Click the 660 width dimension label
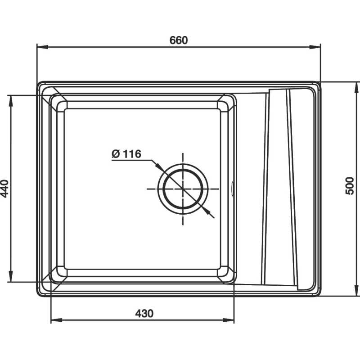point(178,40)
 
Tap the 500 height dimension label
point(350,186)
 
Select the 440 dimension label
point(5,189)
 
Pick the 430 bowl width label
point(144,313)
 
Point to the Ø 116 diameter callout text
point(126,154)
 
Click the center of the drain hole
point(183,189)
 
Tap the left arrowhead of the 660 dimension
point(42,47)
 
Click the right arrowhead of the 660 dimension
point(315,47)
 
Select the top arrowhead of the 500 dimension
point(356,87)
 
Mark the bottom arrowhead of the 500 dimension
point(356,290)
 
